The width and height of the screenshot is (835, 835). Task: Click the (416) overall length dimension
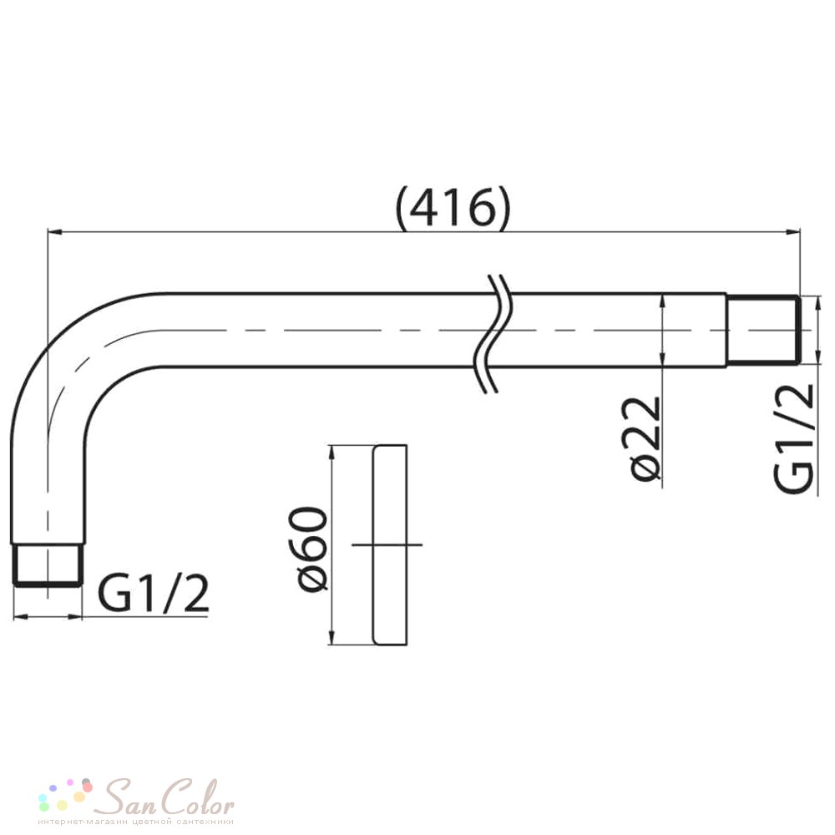click(453, 207)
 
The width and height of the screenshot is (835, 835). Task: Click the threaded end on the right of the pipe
click(762, 330)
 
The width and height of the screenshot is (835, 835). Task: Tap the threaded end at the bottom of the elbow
click(48, 565)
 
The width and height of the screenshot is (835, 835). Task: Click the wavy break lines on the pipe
click(493, 334)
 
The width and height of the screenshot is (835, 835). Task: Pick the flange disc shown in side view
click(390, 544)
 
